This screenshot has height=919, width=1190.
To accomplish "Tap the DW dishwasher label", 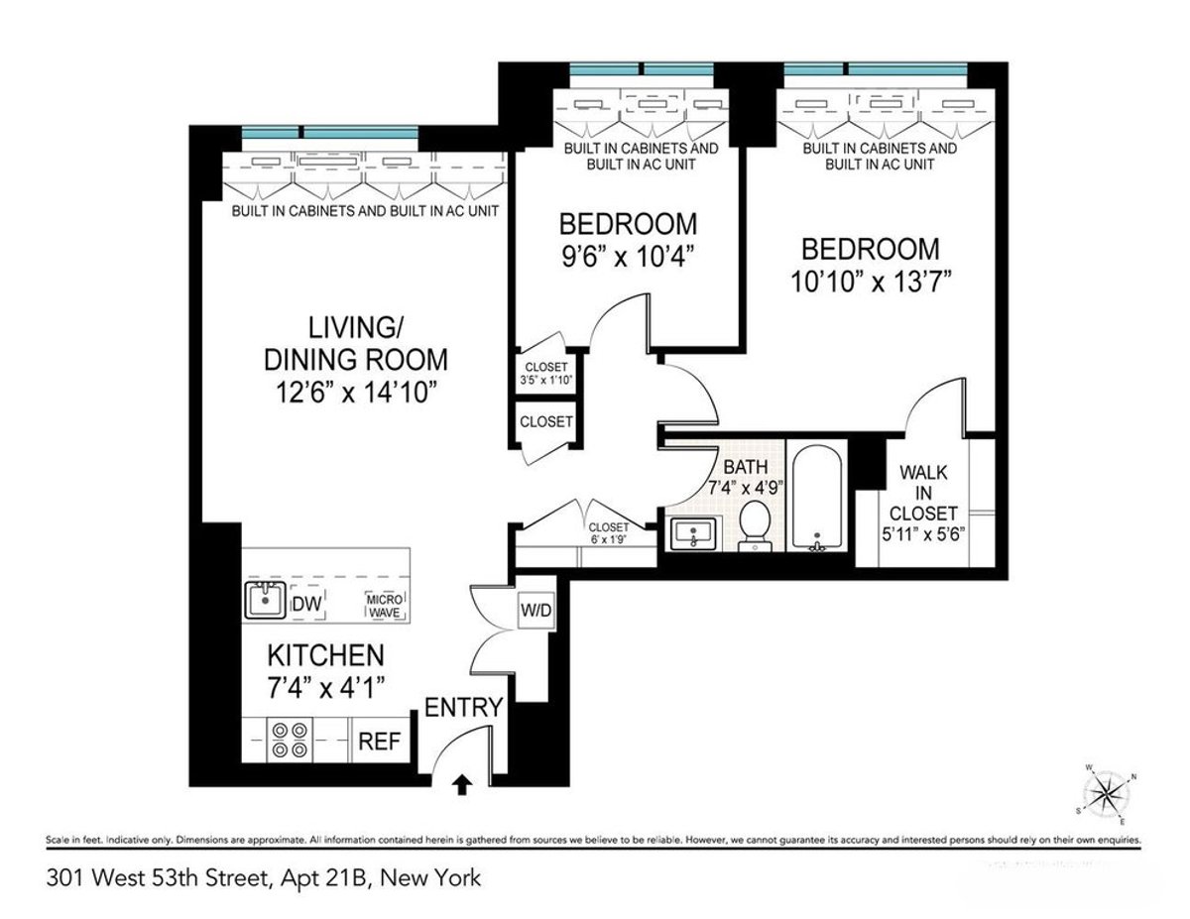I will (x=306, y=602).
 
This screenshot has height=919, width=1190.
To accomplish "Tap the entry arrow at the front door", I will (x=461, y=785).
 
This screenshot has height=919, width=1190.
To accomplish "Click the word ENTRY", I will (x=464, y=708).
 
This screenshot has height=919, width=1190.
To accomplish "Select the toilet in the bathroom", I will (x=756, y=523).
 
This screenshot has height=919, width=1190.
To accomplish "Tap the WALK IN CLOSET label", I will (x=923, y=493).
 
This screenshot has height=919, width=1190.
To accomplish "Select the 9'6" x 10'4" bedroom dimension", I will (x=627, y=256).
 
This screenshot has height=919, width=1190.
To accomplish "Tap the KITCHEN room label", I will (x=325, y=655).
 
